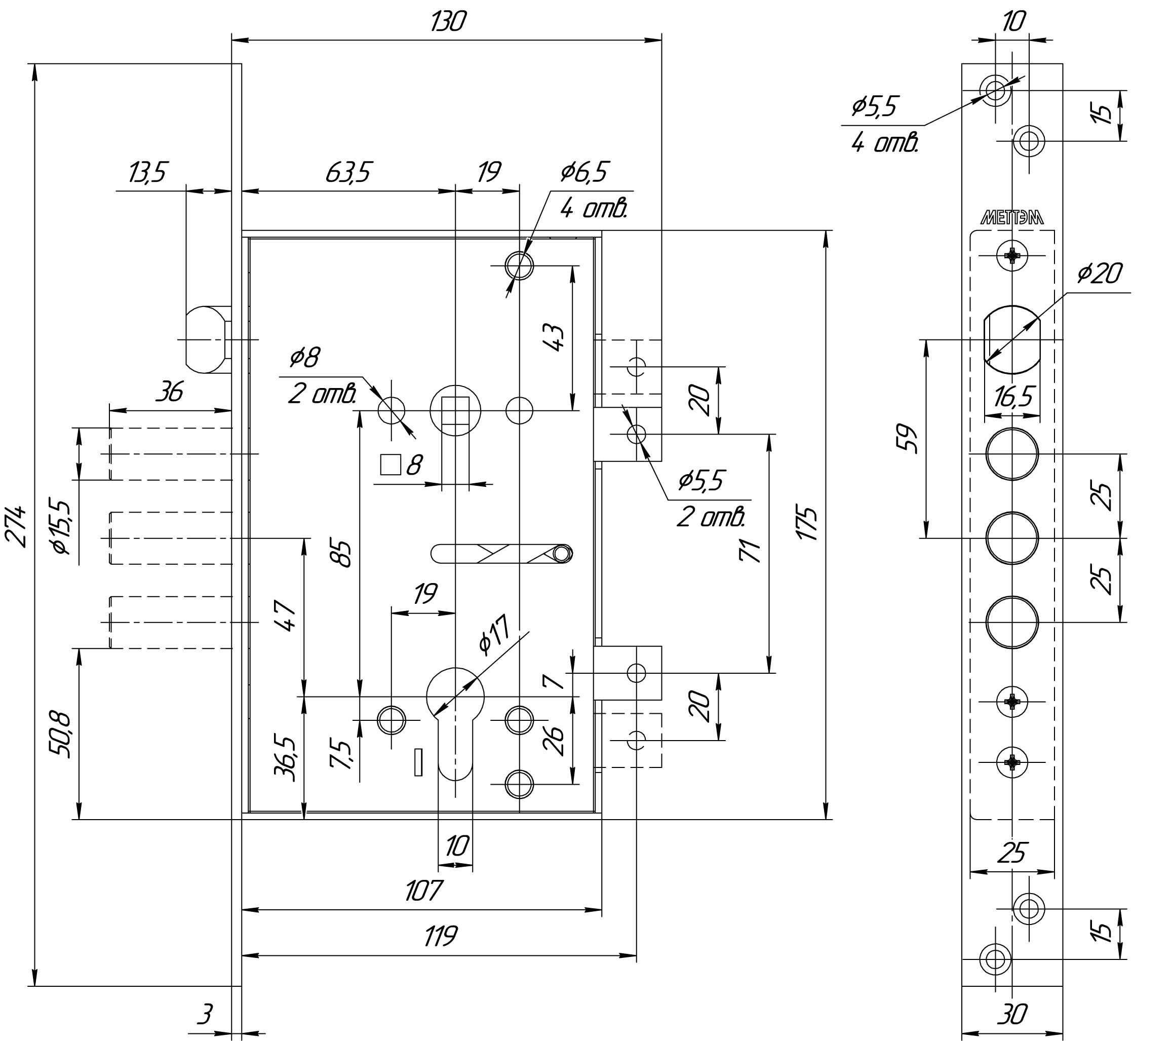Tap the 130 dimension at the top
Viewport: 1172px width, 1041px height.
click(x=449, y=22)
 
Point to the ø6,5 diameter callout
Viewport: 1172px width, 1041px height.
click(x=584, y=172)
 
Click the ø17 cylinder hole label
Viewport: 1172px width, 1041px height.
click(x=494, y=636)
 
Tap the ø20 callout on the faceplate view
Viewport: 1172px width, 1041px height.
click(x=1099, y=274)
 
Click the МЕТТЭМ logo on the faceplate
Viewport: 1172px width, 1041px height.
click(x=1012, y=218)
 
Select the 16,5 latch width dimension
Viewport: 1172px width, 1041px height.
click(x=1014, y=397)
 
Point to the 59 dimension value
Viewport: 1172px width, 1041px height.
click(x=908, y=439)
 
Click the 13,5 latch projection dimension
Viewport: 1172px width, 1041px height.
click(x=147, y=172)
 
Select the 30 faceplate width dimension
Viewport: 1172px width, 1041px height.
click(x=1012, y=1015)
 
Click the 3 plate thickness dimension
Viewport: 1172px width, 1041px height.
click(x=205, y=1014)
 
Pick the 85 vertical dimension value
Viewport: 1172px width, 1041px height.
click(x=344, y=554)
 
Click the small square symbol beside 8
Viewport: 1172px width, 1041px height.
click(x=390, y=465)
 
